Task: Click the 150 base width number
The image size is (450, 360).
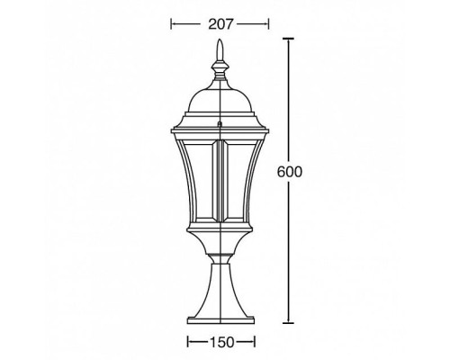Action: (221, 342)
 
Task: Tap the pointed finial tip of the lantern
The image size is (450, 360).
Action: (220, 47)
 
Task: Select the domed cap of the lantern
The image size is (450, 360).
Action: (220, 94)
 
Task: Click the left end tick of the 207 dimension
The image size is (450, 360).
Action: (173, 23)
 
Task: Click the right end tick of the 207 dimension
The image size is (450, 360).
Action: (268, 23)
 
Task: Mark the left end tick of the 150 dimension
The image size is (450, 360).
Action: (187, 342)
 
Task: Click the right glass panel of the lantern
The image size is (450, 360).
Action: (247, 180)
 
